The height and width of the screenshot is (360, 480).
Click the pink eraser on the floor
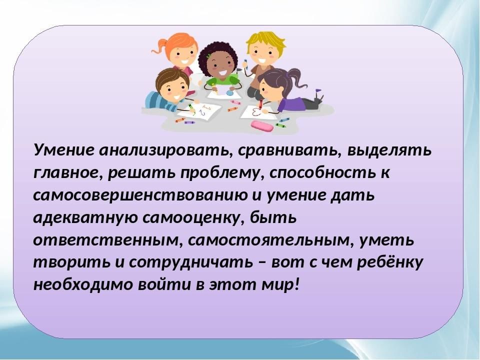(x=261, y=126)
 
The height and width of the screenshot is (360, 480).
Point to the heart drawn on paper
(x=255, y=111)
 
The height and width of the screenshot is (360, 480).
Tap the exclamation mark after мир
(x=295, y=284)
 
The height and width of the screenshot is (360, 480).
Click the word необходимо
(x=83, y=284)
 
